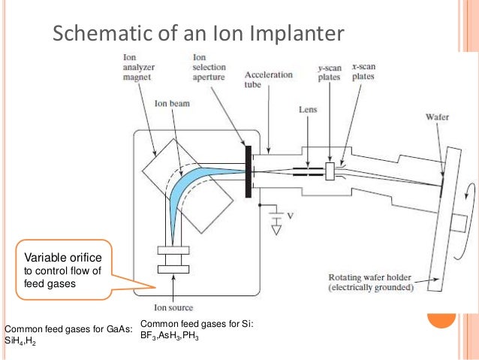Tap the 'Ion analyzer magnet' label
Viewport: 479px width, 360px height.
(139, 68)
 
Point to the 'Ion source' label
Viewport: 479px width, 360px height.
(173, 307)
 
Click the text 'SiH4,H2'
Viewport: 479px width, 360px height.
(21, 340)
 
